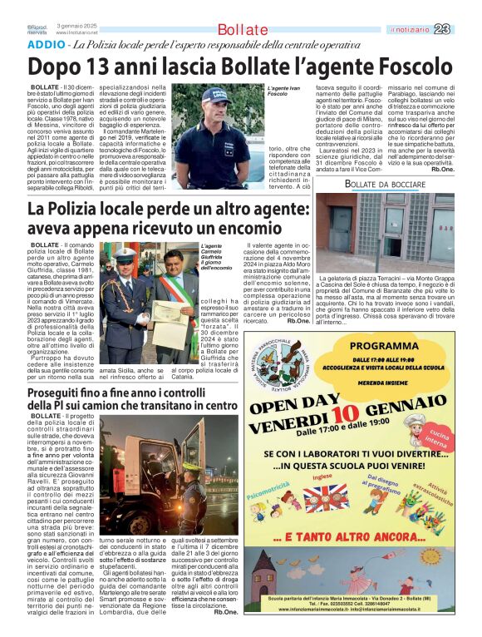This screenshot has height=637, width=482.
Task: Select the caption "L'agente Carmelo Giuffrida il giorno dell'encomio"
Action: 218,256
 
